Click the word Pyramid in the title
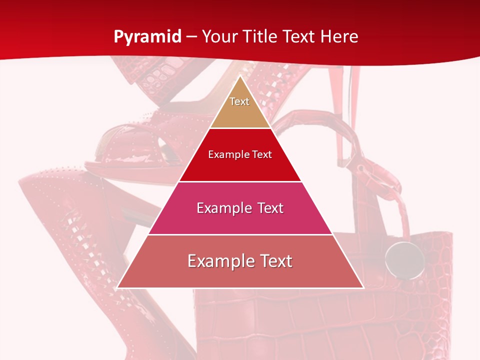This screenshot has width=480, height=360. point(147,37)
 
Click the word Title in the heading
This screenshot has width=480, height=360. point(259,36)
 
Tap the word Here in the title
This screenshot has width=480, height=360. point(339,36)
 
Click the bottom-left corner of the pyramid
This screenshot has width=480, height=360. point(118,287)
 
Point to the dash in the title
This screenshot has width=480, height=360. point(191,37)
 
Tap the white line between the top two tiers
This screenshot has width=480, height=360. point(240,128)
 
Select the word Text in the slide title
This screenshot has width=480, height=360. point(298,36)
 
